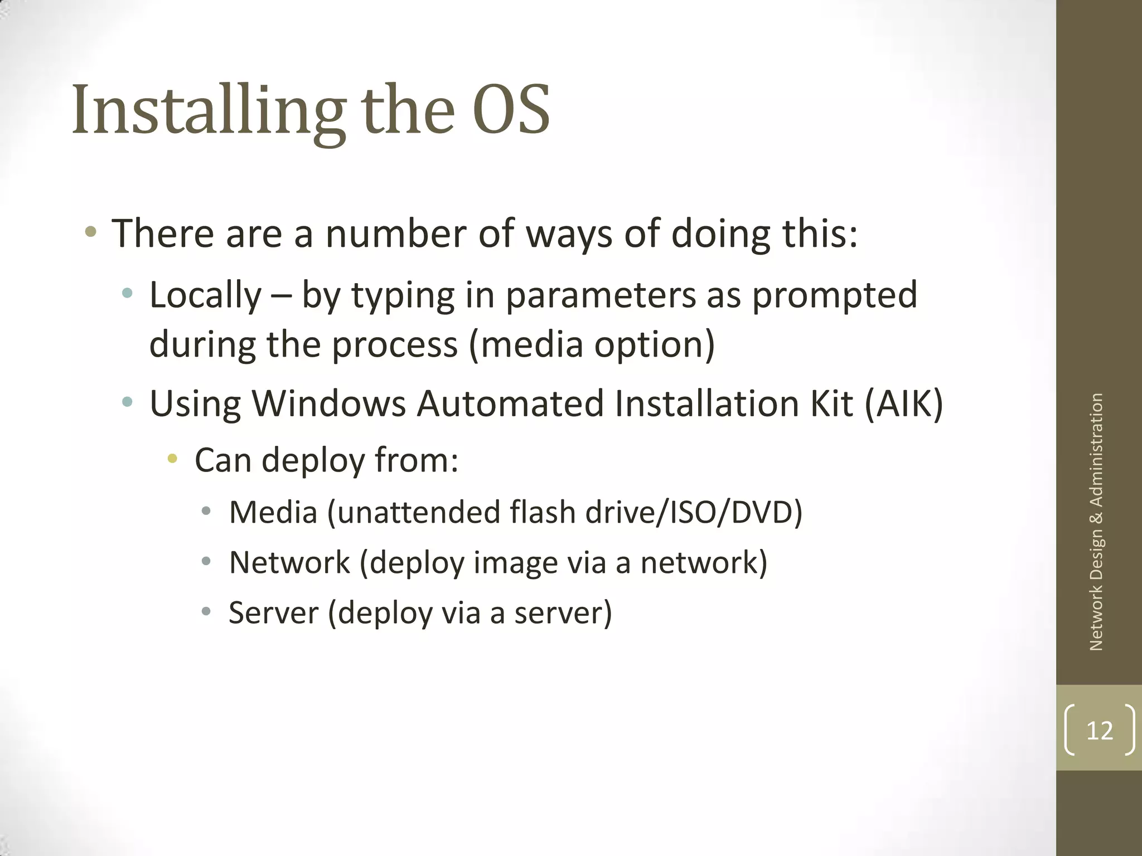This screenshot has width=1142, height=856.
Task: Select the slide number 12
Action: pyautogui.click(x=1100, y=730)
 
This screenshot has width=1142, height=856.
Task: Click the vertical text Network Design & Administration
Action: pyautogui.click(x=1096, y=522)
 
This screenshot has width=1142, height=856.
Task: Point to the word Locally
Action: pyautogui.click(x=205, y=295)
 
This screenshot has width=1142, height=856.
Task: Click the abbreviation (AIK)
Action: pyautogui.click(x=903, y=403)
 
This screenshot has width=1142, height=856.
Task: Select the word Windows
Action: pyautogui.click(x=329, y=403)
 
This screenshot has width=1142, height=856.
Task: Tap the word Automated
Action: pyautogui.click(x=510, y=403)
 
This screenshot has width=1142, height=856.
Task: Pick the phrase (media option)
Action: pyautogui.click(x=592, y=344)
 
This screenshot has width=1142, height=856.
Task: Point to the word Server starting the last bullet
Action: pyautogui.click(x=273, y=612)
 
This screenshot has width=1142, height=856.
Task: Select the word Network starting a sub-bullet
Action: pyautogui.click(x=289, y=562)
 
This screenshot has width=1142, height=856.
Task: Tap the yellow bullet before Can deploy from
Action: pyautogui.click(x=172, y=459)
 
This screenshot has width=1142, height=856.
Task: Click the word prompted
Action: pyautogui.click(x=834, y=295)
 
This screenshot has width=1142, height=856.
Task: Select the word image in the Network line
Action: pyautogui.click(x=515, y=562)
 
